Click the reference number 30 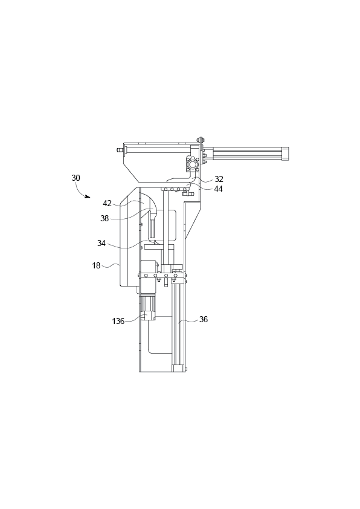(x=76, y=178)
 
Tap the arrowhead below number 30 (x=88, y=197)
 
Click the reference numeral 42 (x=107, y=203)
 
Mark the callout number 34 (x=102, y=243)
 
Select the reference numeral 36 (x=203, y=319)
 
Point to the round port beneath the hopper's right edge (x=192, y=164)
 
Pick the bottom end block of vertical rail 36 (x=179, y=368)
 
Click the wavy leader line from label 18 (x=113, y=265)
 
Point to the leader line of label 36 (x=188, y=320)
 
